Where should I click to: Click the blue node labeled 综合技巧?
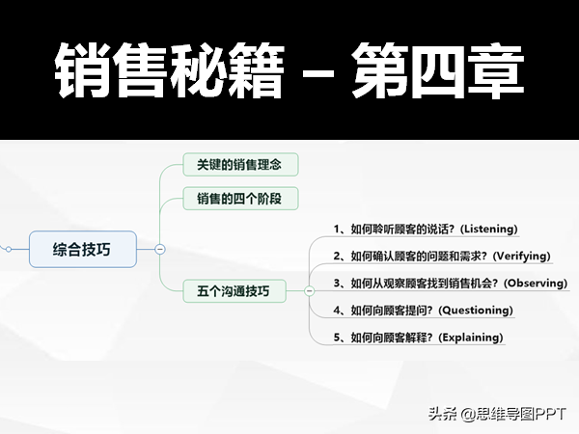83,249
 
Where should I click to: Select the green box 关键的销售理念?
240,165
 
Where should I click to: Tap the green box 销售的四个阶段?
240,199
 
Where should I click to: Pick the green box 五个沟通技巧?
234,291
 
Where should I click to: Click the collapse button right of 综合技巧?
160,249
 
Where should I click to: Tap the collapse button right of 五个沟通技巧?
310,291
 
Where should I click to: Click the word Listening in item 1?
489,229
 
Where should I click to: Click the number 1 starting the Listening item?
337,230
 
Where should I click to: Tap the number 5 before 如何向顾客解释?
337,338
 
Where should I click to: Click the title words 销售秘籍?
170,70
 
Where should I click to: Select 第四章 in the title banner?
437,70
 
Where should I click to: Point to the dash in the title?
317,72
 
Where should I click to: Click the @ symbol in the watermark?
466,414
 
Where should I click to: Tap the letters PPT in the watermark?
551,414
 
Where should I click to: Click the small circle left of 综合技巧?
9,250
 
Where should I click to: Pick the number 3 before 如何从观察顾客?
337,283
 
